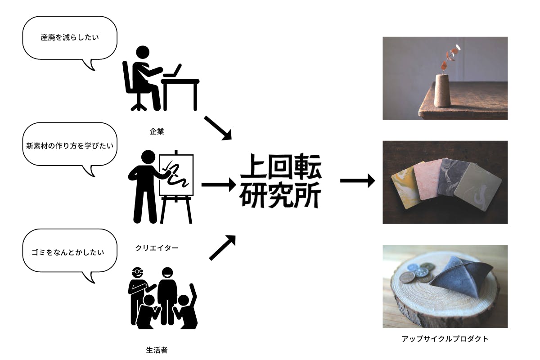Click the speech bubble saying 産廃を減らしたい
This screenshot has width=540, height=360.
pyautogui.click(x=69, y=38)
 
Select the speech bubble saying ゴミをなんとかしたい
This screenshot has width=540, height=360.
pyautogui.click(x=69, y=252)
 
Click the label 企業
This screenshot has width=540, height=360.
pyautogui.click(x=157, y=132)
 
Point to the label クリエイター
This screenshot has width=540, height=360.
pyautogui.click(x=157, y=247)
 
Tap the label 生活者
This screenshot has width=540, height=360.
pyautogui.click(x=157, y=350)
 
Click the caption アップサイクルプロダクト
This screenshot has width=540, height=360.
pyautogui.click(x=445, y=339)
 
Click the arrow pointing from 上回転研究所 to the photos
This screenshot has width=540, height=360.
pyautogui.click(x=357, y=181)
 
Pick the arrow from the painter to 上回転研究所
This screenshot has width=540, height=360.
pyautogui.click(x=218, y=184)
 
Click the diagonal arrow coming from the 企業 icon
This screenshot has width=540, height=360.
pyautogui.click(x=218, y=128)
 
